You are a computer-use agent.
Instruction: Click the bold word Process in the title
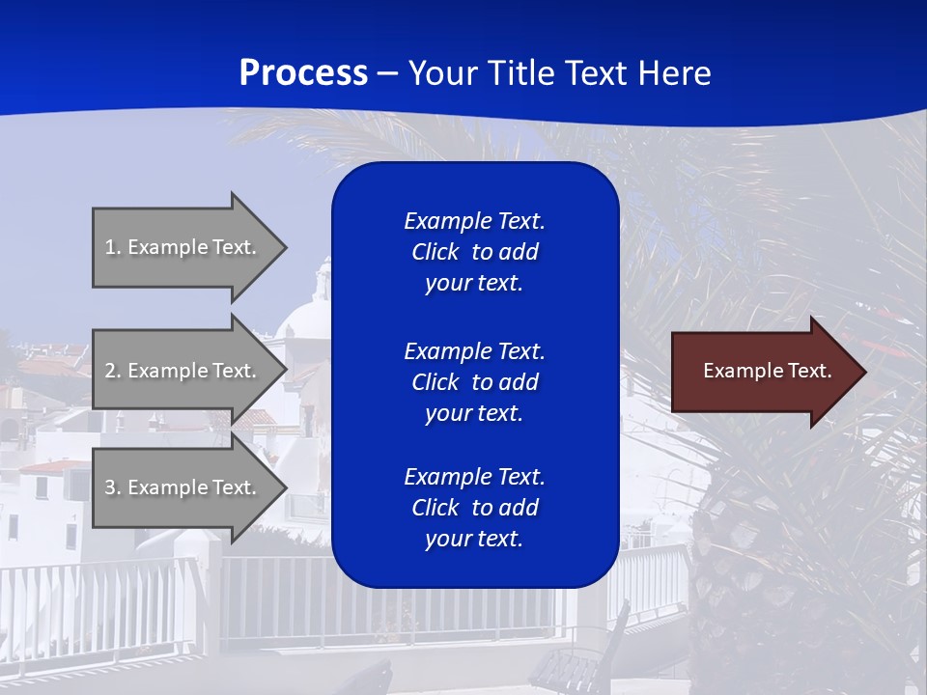[303, 73]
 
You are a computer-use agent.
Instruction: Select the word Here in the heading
[672, 73]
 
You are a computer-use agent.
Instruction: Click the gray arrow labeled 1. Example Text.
[183, 247]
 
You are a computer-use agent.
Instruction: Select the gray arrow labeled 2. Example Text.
[183, 371]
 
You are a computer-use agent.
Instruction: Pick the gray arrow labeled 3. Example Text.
[183, 487]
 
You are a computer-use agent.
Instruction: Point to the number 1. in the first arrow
[113, 247]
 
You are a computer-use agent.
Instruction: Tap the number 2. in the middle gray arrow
[113, 371]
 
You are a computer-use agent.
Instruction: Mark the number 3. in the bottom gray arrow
[113, 487]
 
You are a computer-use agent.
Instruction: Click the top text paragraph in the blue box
[474, 252]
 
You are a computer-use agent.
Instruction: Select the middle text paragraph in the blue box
[474, 381]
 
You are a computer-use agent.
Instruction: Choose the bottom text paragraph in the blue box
[474, 508]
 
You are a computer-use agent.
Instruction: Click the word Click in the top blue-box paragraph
[435, 252]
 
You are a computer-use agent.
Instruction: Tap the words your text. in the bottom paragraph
[474, 539]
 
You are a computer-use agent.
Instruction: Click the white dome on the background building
[307, 319]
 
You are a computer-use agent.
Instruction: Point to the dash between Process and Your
[387, 73]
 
